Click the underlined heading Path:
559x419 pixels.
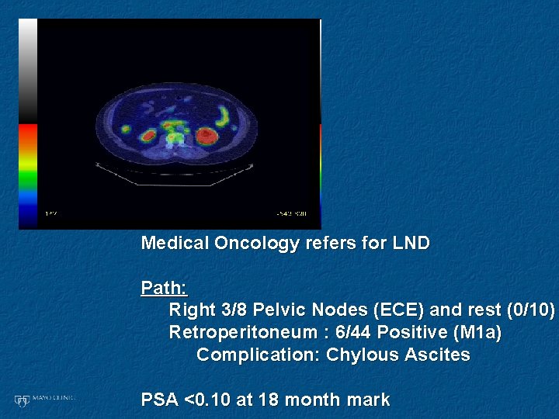(164, 289)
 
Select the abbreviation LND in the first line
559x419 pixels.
(411, 244)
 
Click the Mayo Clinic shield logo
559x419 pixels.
(22, 400)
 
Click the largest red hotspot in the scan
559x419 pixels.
(206, 137)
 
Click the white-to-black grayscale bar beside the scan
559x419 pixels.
(28, 70)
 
